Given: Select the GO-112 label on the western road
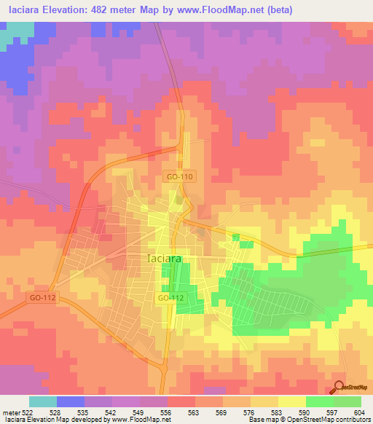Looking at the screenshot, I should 42,297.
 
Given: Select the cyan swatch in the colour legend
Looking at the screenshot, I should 43,401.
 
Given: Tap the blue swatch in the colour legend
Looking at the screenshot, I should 71,401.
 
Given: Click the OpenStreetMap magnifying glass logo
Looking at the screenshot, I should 339,388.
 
